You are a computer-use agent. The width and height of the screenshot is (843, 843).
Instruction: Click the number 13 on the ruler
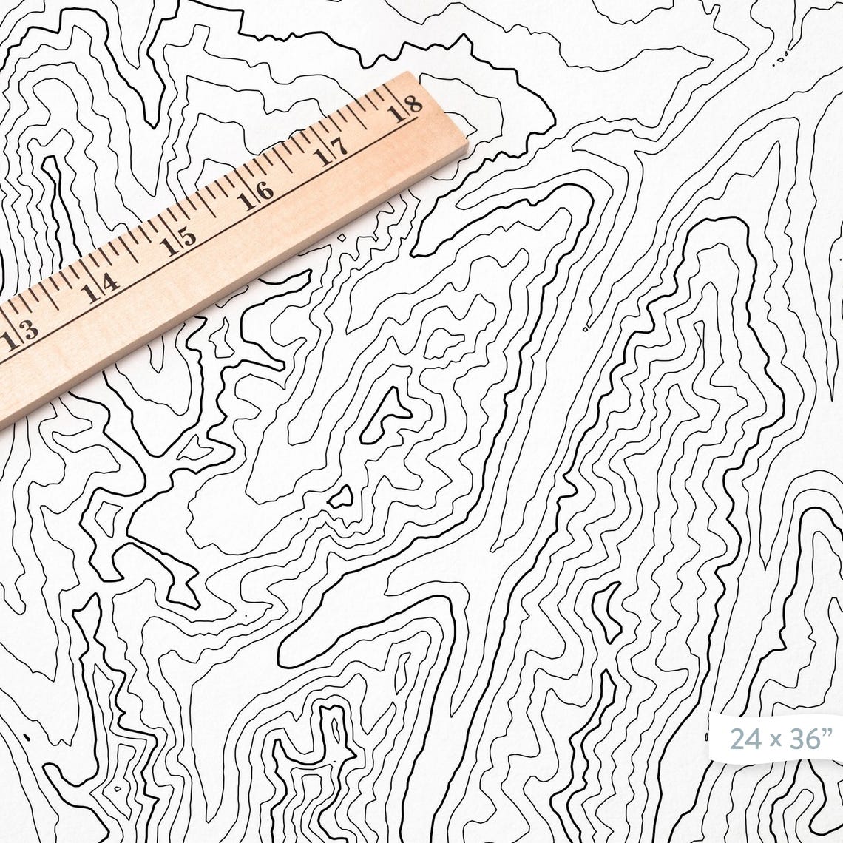pyautogui.click(x=20, y=334)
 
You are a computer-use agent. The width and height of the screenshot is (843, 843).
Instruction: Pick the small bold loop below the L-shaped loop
pyautogui.click(x=341, y=498)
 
